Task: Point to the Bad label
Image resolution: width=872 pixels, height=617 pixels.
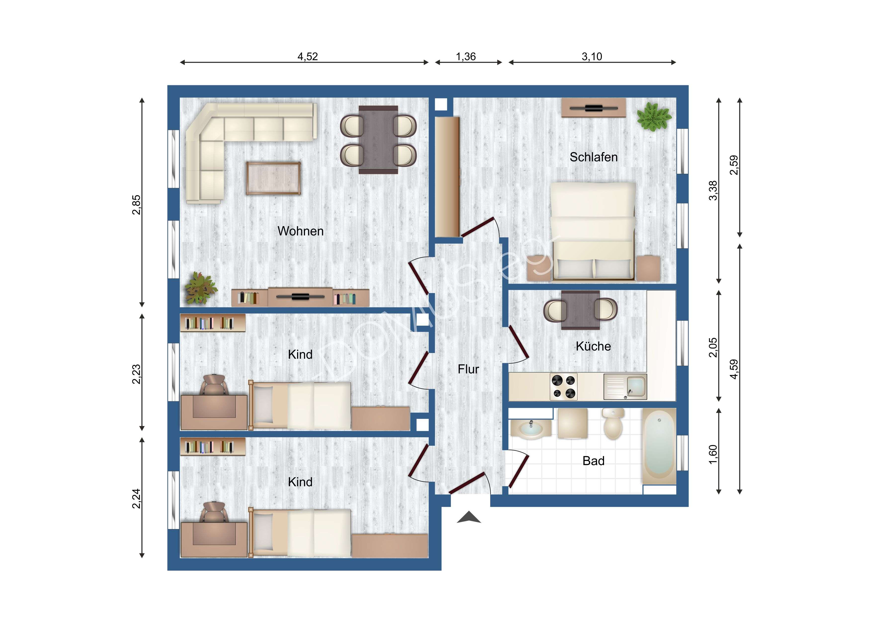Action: (593, 461)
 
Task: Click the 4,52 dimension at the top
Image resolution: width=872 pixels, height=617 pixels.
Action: (307, 57)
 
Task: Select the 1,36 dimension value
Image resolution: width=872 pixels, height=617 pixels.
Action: (466, 57)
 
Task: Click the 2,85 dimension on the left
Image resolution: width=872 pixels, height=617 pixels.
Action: (136, 205)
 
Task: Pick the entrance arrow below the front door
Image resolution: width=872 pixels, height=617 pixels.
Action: (469, 518)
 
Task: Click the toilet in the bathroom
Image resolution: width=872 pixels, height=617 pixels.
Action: (613, 424)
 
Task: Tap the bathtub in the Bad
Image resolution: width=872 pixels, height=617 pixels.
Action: (659, 446)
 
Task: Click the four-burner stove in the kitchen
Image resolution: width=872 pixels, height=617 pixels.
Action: (564, 386)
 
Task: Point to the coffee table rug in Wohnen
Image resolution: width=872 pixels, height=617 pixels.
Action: (273, 178)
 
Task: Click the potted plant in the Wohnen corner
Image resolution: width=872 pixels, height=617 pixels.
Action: (200, 288)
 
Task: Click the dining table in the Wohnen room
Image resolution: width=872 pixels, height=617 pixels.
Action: (378, 140)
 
